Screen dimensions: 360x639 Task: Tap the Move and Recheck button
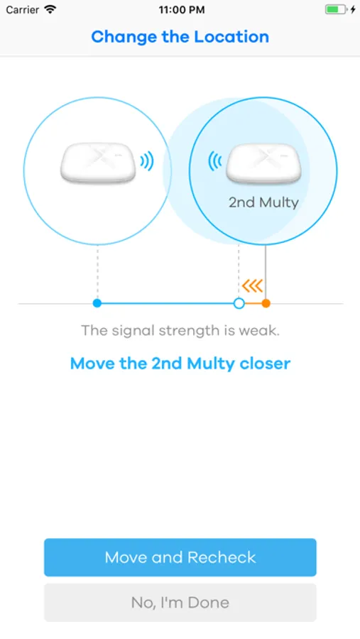(x=180, y=557)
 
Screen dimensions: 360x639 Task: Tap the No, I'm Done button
(x=180, y=602)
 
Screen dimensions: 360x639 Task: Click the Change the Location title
(x=180, y=37)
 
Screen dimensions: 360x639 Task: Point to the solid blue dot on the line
(x=97, y=303)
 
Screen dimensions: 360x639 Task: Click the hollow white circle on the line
(x=239, y=303)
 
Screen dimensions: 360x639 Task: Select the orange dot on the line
(x=266, y=303)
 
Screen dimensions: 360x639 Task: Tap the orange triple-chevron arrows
(x=252, y=286)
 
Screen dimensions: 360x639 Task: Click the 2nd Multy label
(x=263, y=202)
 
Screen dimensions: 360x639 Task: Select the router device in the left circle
(x=98, y=162)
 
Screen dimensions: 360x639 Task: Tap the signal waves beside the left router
(x=147, y=162)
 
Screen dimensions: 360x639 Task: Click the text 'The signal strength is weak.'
(x=180, y=330)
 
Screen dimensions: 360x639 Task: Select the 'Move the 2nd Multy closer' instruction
(x=180, y=363)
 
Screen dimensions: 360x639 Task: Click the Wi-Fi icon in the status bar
(x=50, y=9)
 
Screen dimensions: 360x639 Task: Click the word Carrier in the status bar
(x=23, y=10)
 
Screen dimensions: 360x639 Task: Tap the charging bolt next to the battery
(x=353, y=9)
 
